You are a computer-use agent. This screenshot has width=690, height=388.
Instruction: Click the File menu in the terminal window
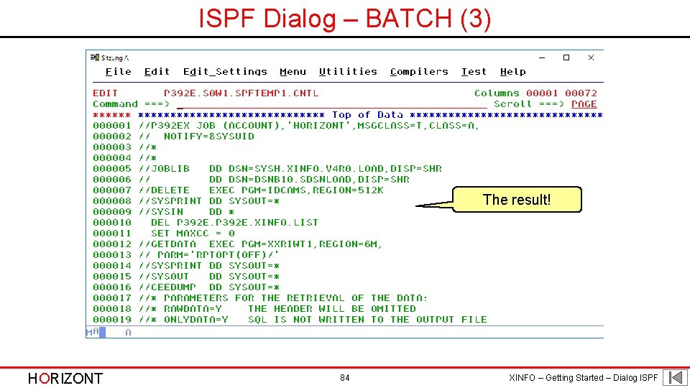coord(118,72)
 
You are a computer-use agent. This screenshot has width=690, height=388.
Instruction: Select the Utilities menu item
coord(348,72)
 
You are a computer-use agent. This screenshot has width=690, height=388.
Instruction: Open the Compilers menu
coord(419,72)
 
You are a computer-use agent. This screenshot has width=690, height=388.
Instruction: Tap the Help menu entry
coord(512,72)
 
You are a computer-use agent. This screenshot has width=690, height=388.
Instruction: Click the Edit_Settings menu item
coord(225,72)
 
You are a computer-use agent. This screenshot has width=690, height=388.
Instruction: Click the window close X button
coord(591,57)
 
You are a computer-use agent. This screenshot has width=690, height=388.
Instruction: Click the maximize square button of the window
coord(566,57)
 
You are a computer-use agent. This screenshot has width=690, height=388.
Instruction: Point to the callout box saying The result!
coord(517,200)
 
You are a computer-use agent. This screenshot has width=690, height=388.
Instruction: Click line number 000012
coord(112,244)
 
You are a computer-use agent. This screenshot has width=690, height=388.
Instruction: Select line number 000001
coord(112,126)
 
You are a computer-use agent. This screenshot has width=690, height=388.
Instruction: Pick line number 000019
coord(112,320)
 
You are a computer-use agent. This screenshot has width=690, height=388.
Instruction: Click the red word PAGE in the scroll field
coord(584,104)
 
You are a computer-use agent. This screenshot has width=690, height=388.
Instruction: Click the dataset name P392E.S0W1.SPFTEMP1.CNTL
coord(241,93)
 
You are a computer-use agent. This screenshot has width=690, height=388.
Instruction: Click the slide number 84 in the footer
coord(345,378)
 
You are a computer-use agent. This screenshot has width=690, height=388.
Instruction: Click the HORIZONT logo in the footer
coord(65,379)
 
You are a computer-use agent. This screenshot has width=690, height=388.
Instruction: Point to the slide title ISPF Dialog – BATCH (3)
coord(345,19)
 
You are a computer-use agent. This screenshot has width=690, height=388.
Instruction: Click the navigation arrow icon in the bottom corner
coord(675,378)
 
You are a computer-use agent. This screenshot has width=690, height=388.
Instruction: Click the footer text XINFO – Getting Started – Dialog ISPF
coord(583,378)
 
